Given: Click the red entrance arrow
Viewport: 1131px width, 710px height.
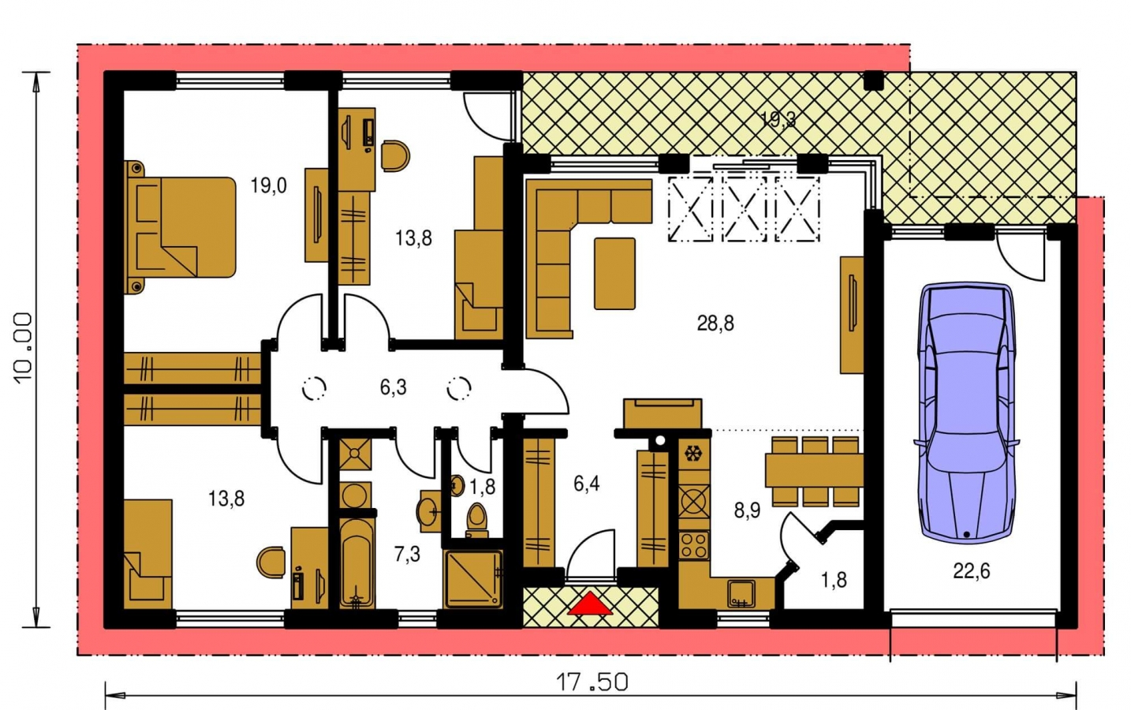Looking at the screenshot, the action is pyautogui.click(x=590, y=604).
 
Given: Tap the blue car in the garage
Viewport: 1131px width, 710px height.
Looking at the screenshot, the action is pyautogui.click(x=966, y=413).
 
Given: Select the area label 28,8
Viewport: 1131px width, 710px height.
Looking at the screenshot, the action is pyautogui.click(x=715, y=323).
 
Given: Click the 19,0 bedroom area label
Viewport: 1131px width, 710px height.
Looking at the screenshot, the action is pyautogui.click(x=269, y=186).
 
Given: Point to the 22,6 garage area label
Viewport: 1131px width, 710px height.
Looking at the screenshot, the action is pyautogui.click(x=971, y=571).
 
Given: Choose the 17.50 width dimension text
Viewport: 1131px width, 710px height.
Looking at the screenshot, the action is pyautogui.click(x=592, y=682).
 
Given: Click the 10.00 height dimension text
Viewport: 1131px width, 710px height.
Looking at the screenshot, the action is pyautogui.click(x=24, y=349).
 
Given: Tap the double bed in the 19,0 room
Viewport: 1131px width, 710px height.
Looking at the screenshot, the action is pyautogui.click(x=181, y=227).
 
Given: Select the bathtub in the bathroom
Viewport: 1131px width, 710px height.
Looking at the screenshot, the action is pyautogui.click(x=356, y=562).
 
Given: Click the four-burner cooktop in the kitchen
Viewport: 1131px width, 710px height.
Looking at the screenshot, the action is pyautogui.click(x=694, y=544).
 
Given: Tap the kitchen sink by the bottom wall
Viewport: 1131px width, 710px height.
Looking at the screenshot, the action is pyautogui.click(x=741, y=594).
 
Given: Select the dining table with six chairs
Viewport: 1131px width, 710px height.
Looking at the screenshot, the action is pyautogui.click(x=815, y=471).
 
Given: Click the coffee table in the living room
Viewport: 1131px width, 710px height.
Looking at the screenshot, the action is pyautogui.click(x=614, y=274).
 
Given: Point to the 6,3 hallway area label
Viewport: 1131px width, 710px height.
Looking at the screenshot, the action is pyautogui.click(x=393, y=388).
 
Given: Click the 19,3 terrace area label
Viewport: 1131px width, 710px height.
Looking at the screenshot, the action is pyautogui.click(x=778, y=120).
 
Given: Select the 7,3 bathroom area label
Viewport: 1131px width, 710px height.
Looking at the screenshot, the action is pyautogui.click(x=407, y=555).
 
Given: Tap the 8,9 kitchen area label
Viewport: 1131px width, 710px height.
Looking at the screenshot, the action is pyautogui.click(x=747, y=511).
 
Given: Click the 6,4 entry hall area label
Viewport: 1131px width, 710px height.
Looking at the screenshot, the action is pyautogui.click(x=586, y=484).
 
